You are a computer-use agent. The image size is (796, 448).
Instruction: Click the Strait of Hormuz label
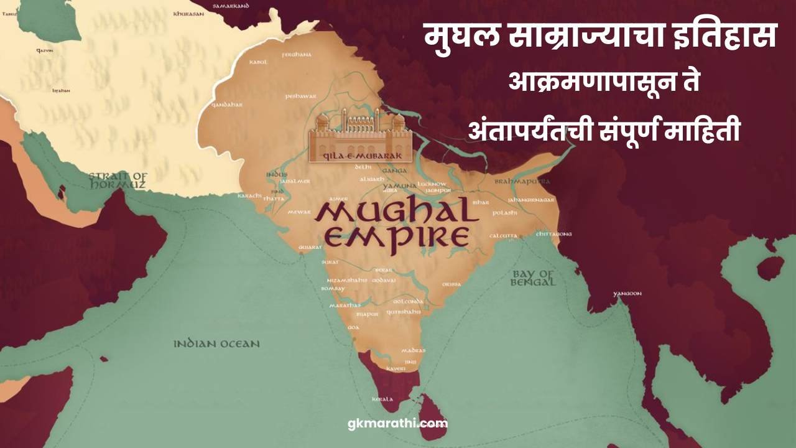[x=118, y=180]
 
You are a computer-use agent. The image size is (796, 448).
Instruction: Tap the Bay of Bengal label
[x=533, y=278]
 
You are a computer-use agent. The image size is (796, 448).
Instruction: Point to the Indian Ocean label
[x=216, y=343]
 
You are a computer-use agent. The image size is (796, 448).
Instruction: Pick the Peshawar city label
[x=301, y=96]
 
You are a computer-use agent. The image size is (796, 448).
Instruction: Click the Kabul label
[x=258, y=62]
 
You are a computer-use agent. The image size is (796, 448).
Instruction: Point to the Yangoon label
[x=627, y=293]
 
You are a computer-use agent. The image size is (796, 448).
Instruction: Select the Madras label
[x=414, y=350]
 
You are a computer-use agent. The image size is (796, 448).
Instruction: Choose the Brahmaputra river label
[x=522, y=181]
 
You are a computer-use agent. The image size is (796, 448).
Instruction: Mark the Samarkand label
[x=231, y=6]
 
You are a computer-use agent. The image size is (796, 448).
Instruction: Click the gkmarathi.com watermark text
[x=397, y=424]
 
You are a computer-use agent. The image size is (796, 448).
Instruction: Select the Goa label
[x=353, y=327]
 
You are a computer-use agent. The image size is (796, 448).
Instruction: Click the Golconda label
[x=409, y=301]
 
